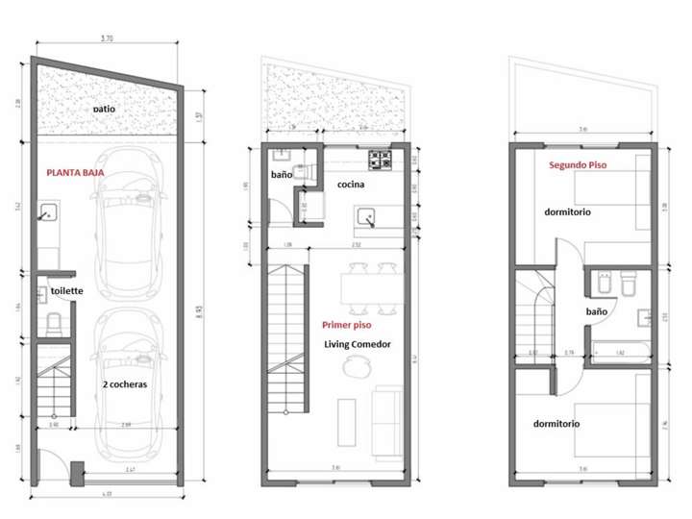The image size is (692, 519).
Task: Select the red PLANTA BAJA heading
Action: [75, 173]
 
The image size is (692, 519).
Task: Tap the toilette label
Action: [66, 290]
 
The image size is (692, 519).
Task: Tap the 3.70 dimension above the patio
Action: [108, 39]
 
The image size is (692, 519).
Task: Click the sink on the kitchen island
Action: [370, 218]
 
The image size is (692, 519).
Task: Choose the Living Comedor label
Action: [357, 344]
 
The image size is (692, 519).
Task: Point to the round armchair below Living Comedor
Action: [358, 365]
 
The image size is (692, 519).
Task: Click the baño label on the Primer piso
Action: [281, 176]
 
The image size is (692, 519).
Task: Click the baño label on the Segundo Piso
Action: [596, 311]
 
